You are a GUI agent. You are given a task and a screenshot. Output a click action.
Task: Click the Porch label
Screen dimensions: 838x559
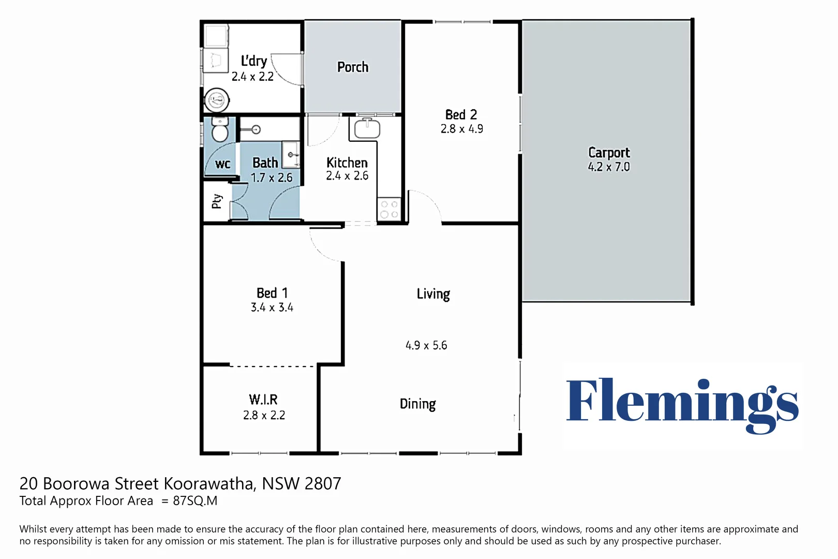tap(353, 67)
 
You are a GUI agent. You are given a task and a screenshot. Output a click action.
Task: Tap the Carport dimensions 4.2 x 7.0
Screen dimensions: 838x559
tap(609, 167)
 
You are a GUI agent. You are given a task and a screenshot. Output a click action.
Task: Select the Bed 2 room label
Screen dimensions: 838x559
tap(461, 114)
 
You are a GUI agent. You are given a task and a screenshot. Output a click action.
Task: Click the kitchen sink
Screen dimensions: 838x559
tap(367, 128)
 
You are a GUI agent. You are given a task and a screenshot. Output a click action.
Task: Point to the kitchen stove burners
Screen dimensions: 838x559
tap(389, 209)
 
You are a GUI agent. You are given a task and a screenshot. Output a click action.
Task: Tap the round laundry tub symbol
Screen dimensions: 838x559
tap(217, 100)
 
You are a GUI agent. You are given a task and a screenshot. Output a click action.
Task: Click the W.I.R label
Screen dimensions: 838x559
tap(263, 400)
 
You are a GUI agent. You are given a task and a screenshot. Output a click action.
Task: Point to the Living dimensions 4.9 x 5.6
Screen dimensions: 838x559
tap(426, 345)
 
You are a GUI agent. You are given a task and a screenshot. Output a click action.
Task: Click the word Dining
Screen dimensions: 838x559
tap(417, 404)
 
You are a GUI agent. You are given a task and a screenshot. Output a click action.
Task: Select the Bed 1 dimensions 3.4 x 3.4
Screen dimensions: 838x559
tap(272, 307)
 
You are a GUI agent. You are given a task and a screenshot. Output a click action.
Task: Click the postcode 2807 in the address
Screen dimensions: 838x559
tap(322, 483)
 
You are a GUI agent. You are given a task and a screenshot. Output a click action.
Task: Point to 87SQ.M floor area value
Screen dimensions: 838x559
tap(195, 501)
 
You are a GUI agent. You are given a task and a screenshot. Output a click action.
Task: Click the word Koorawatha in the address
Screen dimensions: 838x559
tap(210, 483)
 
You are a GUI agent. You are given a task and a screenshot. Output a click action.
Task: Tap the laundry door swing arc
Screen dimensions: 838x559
tap(282, 71)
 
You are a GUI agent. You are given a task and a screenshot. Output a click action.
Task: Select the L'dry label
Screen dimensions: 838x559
tap(253, 61)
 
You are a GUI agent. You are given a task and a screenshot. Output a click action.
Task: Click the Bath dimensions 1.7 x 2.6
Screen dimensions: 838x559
tap(272, 178)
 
